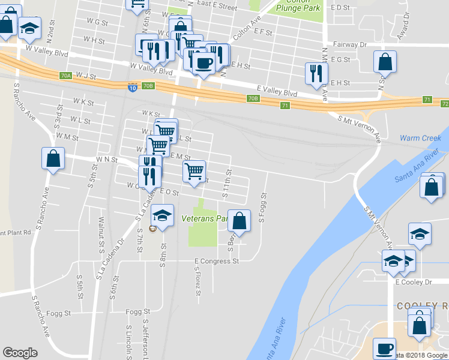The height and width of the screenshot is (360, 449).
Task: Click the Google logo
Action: (x=20, y=353)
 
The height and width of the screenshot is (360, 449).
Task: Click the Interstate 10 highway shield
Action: (x=131, y=88)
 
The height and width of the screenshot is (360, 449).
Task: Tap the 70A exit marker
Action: (x=66, y=76)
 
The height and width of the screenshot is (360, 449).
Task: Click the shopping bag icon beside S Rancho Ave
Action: (x=53, y=159)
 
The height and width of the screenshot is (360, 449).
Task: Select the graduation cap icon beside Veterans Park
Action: (x=161, y=215)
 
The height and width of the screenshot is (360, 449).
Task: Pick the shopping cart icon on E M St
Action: (x=194, y=171)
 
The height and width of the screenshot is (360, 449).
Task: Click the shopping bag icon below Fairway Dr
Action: (x=385, y=62)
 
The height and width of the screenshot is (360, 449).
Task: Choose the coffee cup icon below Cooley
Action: (x=384, y=349)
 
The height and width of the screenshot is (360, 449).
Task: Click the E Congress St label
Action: (x=216, y=261)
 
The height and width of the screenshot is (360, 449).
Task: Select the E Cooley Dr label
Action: (x=413, y=282)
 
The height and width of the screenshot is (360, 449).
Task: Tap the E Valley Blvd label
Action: (x=277, y=93)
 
